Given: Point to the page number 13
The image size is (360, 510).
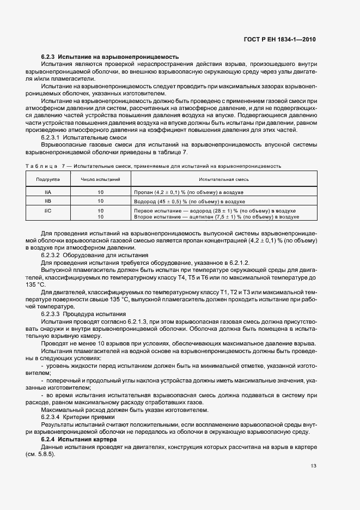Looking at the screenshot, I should pos(313,465).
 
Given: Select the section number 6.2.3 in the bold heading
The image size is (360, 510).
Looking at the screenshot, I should pos(48,57).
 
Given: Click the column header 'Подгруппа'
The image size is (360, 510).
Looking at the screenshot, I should pos(48,179).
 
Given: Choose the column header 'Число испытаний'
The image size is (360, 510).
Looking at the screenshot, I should pos(101,179).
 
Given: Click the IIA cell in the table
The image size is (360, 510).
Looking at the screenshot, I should pos(48,192).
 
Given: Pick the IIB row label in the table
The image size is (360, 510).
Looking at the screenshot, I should pos(48,201).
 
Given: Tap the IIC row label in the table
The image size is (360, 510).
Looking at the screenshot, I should pos(48,210).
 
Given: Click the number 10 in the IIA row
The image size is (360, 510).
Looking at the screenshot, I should pos(101,192).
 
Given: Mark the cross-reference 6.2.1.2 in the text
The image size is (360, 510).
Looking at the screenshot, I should pos(237,263).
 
